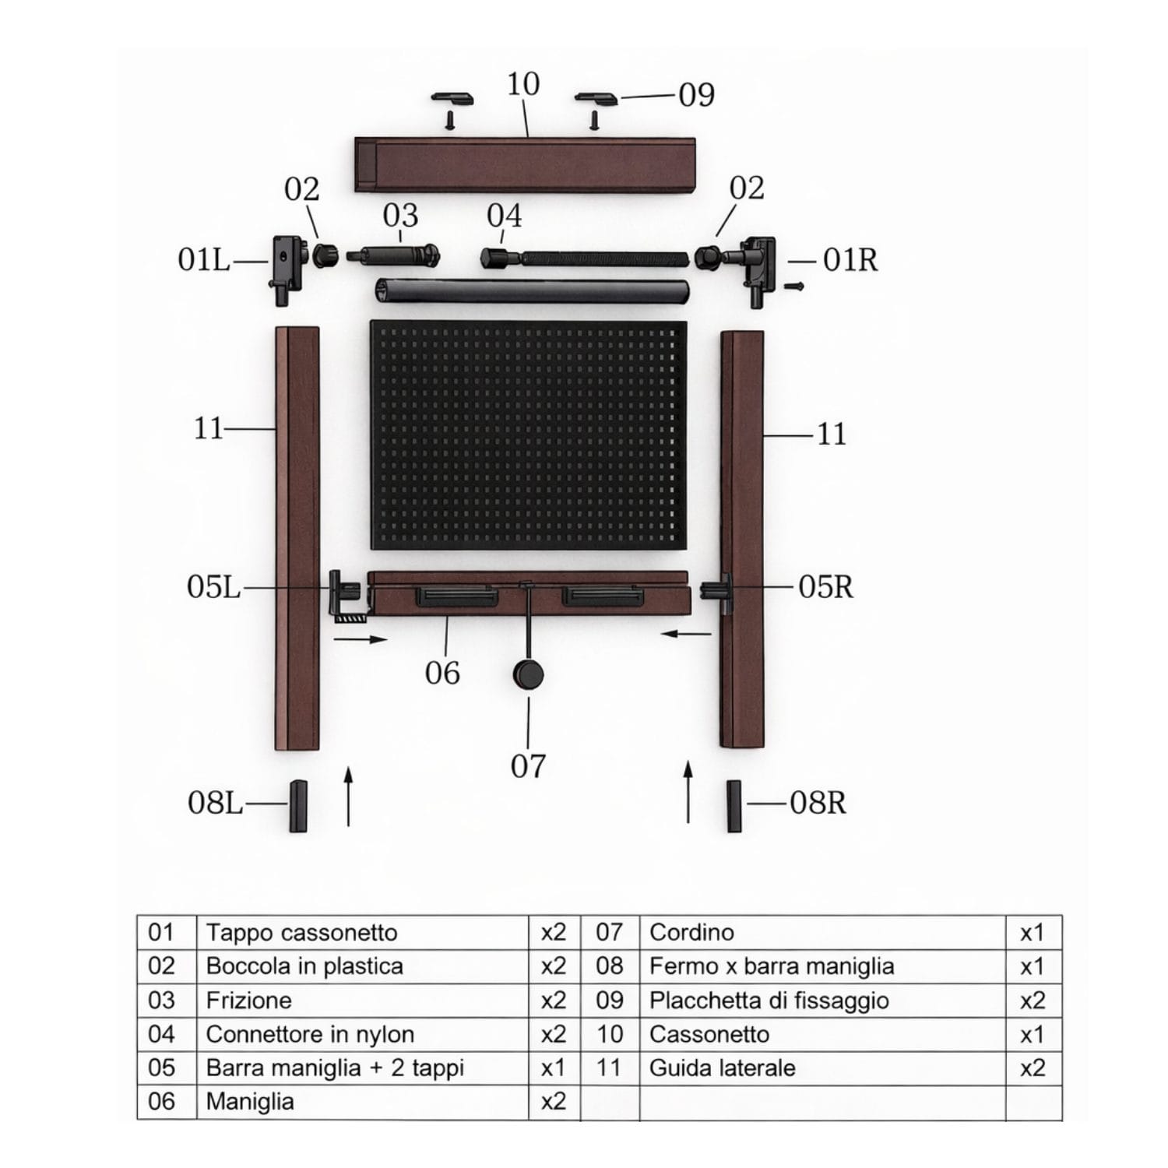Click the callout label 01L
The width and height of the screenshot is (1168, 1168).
coord(204,259)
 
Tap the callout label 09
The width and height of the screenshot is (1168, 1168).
coord(696,95)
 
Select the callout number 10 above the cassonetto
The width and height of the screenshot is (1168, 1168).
coord(522,84)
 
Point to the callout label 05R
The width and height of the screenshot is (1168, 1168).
coord(825,587)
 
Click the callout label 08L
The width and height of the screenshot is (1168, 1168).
coord(215,802)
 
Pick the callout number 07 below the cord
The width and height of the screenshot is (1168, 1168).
coord(528,766)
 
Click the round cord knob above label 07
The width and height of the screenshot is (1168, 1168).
coord(527,674)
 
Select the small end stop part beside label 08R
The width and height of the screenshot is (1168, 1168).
coord(734,806)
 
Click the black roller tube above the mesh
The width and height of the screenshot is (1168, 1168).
coord(532,292)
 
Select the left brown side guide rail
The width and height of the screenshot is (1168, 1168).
coord(297,538)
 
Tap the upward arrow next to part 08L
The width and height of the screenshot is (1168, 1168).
coord(348,795)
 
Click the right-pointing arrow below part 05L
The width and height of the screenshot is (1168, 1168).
coord(361,639)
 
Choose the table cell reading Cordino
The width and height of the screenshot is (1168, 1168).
coord(822,932)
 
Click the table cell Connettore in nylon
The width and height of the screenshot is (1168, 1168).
coord(362,1034)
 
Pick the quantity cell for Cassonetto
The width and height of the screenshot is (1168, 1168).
coord(1033,1034)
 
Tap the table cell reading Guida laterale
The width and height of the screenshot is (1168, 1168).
coord(822,1068)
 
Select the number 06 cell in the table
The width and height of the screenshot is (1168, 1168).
coord(167,1102)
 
